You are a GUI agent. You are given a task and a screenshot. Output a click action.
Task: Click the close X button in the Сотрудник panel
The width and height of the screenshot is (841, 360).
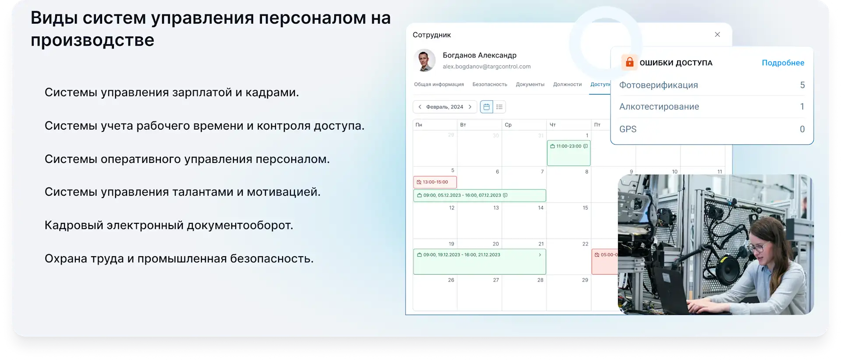[x=717, y=35]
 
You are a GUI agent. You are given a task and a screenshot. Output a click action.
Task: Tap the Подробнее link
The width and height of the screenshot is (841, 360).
[x=783, y=63]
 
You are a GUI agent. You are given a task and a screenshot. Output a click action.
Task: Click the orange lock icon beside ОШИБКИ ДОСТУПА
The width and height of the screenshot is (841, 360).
[x=629, y=62]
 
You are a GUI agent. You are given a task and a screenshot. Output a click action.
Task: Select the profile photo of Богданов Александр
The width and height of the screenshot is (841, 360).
[x=424, y=60]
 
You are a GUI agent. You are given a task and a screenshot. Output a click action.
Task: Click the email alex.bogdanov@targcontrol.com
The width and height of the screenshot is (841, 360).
[x=486, y=67]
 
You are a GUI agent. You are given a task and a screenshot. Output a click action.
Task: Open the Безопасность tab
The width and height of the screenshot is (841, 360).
[x=490, y=85]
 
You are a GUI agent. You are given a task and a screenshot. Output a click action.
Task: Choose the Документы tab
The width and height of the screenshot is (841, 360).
[x=530, y=85]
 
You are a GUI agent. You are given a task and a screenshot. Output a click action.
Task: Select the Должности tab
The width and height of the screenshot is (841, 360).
[x=567, y=85]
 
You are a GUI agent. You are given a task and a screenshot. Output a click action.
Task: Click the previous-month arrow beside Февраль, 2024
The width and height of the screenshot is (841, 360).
[x=420, y=107]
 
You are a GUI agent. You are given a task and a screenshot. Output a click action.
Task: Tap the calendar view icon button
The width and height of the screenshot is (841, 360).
[x=486, y=107]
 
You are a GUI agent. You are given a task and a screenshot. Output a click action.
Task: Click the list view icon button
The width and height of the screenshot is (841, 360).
[x=499, y=107]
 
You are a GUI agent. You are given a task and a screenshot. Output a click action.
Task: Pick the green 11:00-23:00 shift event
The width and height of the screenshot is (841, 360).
[x=569, y=152]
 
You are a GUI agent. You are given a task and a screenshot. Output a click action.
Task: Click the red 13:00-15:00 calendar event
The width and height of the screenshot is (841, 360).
[x=435, y=182]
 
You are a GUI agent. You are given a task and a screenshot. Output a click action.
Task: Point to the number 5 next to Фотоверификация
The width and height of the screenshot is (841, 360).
[x=802, y=85]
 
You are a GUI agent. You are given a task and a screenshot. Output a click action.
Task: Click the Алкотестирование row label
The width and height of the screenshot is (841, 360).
[x=659, y=107]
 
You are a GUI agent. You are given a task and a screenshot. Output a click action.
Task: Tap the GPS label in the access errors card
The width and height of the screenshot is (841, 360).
[x=628, y=129]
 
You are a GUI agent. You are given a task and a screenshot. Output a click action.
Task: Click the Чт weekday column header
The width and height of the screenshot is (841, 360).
[x=553, y=125]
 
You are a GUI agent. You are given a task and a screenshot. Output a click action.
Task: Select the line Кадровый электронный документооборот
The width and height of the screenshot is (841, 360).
[x=169, y=225]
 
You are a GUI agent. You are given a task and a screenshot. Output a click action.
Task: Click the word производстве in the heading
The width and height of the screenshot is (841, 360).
[x=92, y=40]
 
